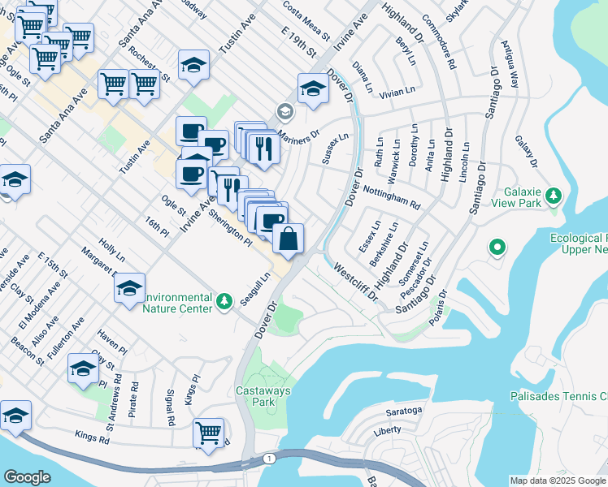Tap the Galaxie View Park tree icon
[x=554, y=196]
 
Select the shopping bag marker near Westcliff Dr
[x=288, y=239]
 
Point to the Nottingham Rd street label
[x=392, y=195]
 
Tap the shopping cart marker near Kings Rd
[x=208, y=432]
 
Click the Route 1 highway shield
[x=269, y=459]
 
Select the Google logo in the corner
[x=27, y=476]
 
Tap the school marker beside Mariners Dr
[x=312, y=88]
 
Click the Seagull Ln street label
[x=255, y=288]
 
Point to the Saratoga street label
[x=403, y=411]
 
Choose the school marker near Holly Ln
[x=129, y=289]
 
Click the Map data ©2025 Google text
[x=557, y=481]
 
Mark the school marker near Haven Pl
[x=83, y=368]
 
